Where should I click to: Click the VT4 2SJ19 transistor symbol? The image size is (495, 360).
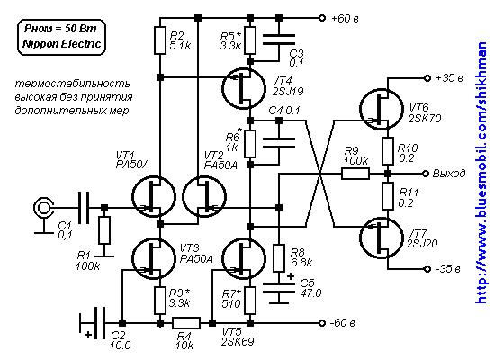pyautogui.click(x=244, y=89)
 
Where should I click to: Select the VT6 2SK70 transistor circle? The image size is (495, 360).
pyautogui.click(x=382, y=109)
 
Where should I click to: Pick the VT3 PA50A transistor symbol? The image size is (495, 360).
pyautogui.click(x=154, y=258)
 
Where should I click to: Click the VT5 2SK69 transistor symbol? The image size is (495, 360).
pyautogui.click(x=244, y=258)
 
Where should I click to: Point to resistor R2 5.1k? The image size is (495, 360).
pyautogui.click(x=160, y=40)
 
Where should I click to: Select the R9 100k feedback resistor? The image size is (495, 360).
pyautogui.click(x=355, y=174)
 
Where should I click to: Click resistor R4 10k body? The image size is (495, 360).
pyautogui.click(x=186, y=323)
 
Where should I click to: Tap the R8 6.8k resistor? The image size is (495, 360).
pyautogui.click(x=279, y=258)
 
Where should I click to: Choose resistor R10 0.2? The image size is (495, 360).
pyautogui.click(x=388, y=151)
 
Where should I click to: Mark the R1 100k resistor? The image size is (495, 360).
pyautogui.click(x=104, y=229)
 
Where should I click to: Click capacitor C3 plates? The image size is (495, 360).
pyautogui.click(x=279, y=40)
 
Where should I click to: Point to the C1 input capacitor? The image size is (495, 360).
pyautogui.click(x=84, y=208)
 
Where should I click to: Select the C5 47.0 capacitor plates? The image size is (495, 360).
pyautogui.click(x=279, y=288)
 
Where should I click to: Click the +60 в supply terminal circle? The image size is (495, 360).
pyautogui.click(x=321, y=18)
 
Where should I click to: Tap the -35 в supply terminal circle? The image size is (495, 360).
pyautogui.click(x=427, y=269)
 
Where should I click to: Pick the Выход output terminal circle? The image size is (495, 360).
pyautogui.click(x=426, y=174)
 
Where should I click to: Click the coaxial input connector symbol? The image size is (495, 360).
pyautogui.click(x=43, y=208)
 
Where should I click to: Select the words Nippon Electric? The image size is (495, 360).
pyautogui.click(x=62, y=43)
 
